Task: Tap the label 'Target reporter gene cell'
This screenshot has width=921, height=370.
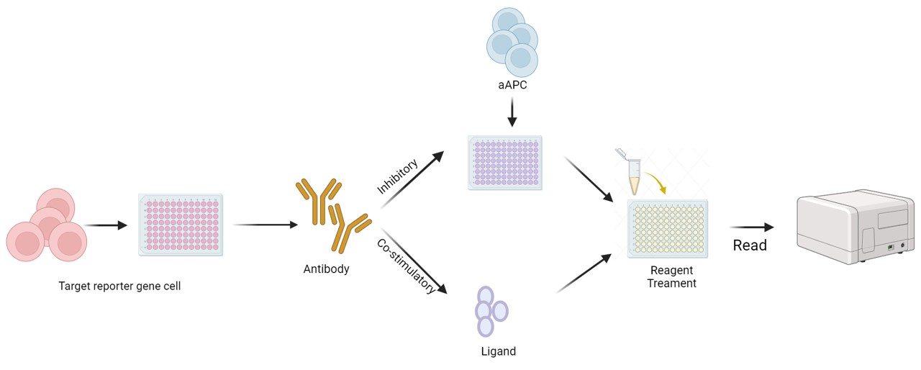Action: pos(119,286)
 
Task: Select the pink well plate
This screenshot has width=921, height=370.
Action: pos(181,225)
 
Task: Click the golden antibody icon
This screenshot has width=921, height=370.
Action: pos(332,215)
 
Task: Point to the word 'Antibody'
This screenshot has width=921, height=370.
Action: pos(326,269)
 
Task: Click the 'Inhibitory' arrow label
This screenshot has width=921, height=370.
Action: pos(398,177)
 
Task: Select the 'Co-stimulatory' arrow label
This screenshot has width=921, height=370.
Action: pos(407,266)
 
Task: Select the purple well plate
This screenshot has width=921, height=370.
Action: pos(504,163)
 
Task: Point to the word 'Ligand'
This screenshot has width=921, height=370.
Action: pos(498,352)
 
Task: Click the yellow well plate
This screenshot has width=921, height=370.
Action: pos(668,228)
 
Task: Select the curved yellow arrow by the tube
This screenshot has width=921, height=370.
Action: pos(655,181)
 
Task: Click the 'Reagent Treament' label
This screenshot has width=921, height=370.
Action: pos(671,277)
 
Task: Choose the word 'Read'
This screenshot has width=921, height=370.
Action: pos(750,245)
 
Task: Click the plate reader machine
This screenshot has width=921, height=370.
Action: pos(854,226)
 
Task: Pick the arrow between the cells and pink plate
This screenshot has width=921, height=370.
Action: pos(105,225)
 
